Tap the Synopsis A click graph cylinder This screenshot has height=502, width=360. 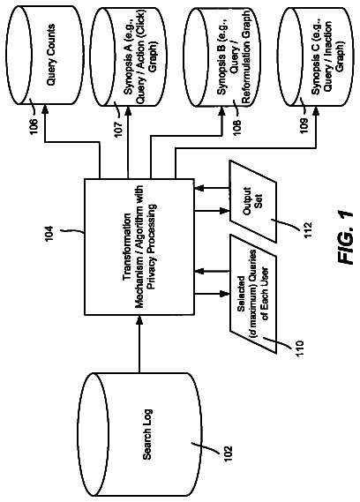pyautogui.click(x=128, y=57)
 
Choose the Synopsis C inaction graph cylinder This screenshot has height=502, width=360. pyautogui.click(x=316, y=57)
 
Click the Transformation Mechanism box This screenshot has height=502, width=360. pyautogui.click(x=139, y=247)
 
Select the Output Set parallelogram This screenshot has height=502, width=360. pyautogui.click(x=252, y=200)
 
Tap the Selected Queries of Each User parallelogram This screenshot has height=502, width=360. pyautogui.click(x=252, y=294)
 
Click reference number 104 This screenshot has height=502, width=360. pyautogui.click(x=49, y=234)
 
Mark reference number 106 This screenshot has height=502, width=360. pyautogui.click(x=34, y=127)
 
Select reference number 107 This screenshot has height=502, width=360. pyautogui.click(x=118, y=128)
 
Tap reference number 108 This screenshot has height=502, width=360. pyautogui.click(x=237, y=127)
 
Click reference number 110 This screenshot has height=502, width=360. pyautogui.click(x=298, y=348)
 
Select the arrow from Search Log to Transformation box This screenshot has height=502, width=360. pyautogui.click(x=139, y=344)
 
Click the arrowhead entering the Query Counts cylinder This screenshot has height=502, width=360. pyautogui.click(x=44, y=109)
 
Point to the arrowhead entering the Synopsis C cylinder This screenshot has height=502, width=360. pyautogui.click(x=316, y=111)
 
